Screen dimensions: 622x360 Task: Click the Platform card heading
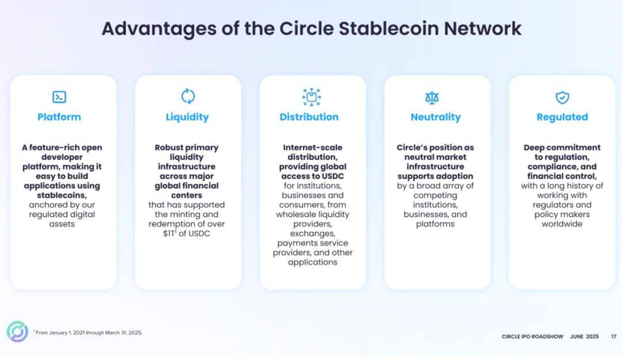pos(59,117)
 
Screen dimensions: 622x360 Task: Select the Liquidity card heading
pos(187,118)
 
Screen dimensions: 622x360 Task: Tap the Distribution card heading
pos(309,117)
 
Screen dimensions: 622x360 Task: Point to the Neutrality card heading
pos(435,118)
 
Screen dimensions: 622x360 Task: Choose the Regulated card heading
pos(562,118)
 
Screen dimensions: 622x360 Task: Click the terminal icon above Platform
pos(59,97)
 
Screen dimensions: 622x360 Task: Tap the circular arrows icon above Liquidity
pos(188,96)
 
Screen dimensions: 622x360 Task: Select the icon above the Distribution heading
pos(312,97)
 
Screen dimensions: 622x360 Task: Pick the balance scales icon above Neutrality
pos(432,98)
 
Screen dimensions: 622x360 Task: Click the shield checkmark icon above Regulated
pos(562,97)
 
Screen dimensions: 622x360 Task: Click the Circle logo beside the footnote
pos(17,331)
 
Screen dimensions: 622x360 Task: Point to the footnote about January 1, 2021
pos(88,332)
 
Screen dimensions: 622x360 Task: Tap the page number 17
pos(614,336)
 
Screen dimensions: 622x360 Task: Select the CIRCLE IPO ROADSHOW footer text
pos(532,336)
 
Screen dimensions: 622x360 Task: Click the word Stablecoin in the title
pos(389,29)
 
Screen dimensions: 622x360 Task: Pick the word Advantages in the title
pos(159,29)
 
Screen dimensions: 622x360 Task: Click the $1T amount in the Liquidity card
pos(169,234)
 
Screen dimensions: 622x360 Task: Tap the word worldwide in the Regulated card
pos(562,224)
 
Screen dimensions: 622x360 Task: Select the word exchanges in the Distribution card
pos(313,234)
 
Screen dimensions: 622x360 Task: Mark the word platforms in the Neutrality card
pos(435,224)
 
